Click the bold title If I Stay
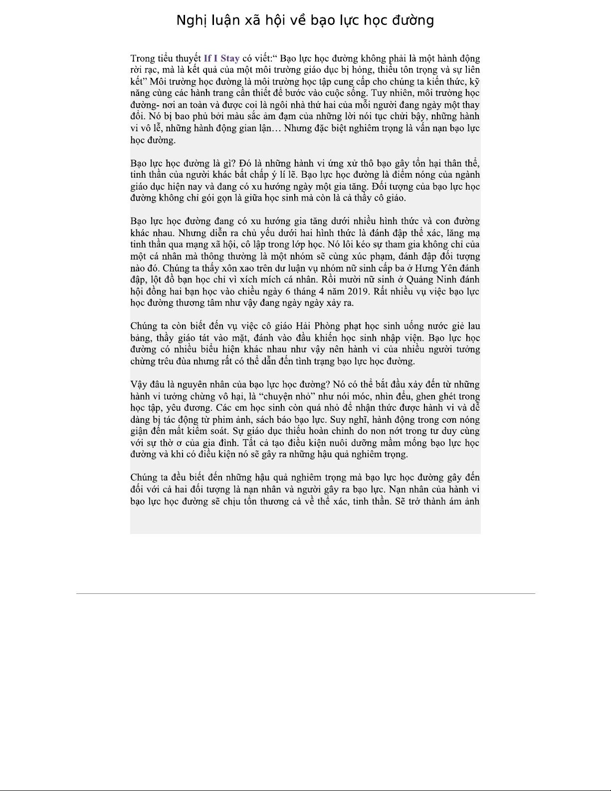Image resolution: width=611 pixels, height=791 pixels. (221, 58)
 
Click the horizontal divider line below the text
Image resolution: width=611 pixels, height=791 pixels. (305, 593)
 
